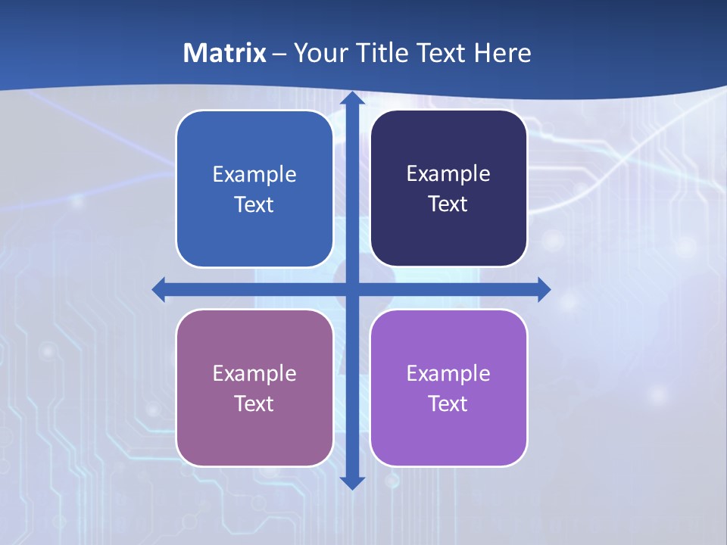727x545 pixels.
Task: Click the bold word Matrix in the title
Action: click(x=225, y=53)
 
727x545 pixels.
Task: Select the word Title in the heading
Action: click(x=382, y=53)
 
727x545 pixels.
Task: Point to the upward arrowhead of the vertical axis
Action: click(x=352, y=99)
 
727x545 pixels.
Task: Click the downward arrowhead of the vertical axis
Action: click(x=352, y=482)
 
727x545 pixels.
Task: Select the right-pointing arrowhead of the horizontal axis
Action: click(x=543, y=289)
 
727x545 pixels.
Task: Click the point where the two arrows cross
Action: click(x=352, y=289)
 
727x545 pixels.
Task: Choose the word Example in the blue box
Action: click(x=254, y=174)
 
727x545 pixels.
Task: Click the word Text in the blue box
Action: click(x=254, y=204)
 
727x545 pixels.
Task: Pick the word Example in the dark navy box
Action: click(x=448, y=173)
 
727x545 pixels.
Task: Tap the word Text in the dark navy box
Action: click(x=448, y=204)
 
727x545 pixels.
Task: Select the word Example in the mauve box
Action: click(x=254, y=373)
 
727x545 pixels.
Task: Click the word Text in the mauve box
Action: click(x=254, y=403)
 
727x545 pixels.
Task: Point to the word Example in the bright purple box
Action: click(x=448, y=373)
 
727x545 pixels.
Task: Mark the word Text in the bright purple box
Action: click(x=448, y=403)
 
